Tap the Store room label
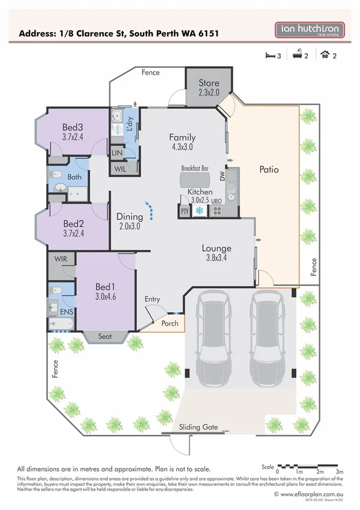(x=209, y=83)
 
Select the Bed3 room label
(x=72, y=127)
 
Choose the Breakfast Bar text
(x=194, y=170)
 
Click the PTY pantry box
(x=185, y=211)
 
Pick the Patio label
(x=269, y=170)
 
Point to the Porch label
(x=170, y=323)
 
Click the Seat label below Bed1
(x=105, y=337)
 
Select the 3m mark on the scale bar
(x=340, y=473)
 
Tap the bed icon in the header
(x=269, y=56)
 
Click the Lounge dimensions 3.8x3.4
(x=216, y=259)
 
